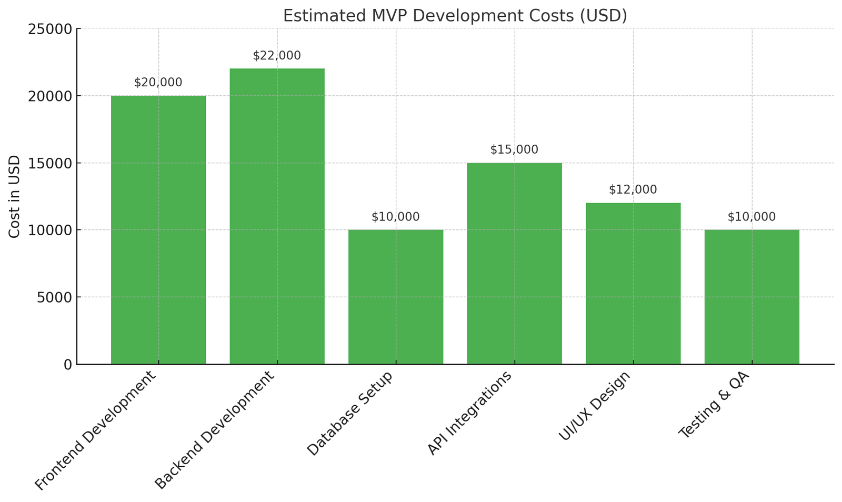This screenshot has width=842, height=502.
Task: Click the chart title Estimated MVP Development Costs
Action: [x=455, y=15]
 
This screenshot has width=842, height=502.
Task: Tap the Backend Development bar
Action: [x=277, y=216]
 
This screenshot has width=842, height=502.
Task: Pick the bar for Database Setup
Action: [x=396, y=297]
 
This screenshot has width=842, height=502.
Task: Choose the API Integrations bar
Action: [x=514, y=263]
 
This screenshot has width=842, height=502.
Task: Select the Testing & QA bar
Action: [x=751, y=297]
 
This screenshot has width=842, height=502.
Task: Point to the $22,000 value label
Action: [x=277, y=56]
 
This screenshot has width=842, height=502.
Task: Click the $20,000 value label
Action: [x=158, y=83]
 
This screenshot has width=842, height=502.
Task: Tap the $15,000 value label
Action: [x=514, y=149]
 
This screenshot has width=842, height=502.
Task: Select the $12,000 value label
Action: [x=633, y=190]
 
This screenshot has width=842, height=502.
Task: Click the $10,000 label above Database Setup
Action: [x=396, y=217]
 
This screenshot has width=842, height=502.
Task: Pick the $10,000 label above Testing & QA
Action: [x=751, y=217]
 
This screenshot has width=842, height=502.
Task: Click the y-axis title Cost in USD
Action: [x=15, y=196]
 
